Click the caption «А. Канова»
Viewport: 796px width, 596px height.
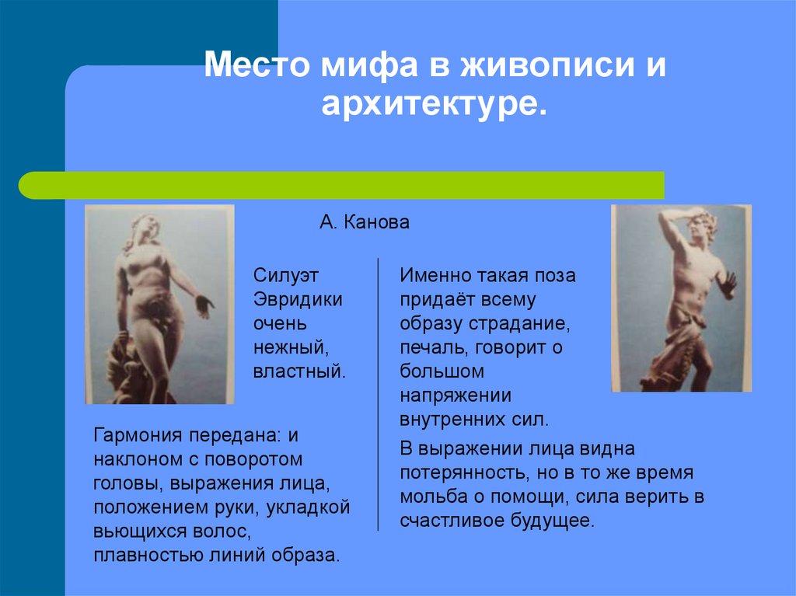(x=364, y=223)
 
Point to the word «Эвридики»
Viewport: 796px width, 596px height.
(x=298, y=300)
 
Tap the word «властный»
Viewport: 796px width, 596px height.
(x=298, y=371)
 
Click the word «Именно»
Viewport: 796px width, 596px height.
(x=431, y=276)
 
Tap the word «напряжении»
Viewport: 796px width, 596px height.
(x=456, y=396)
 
